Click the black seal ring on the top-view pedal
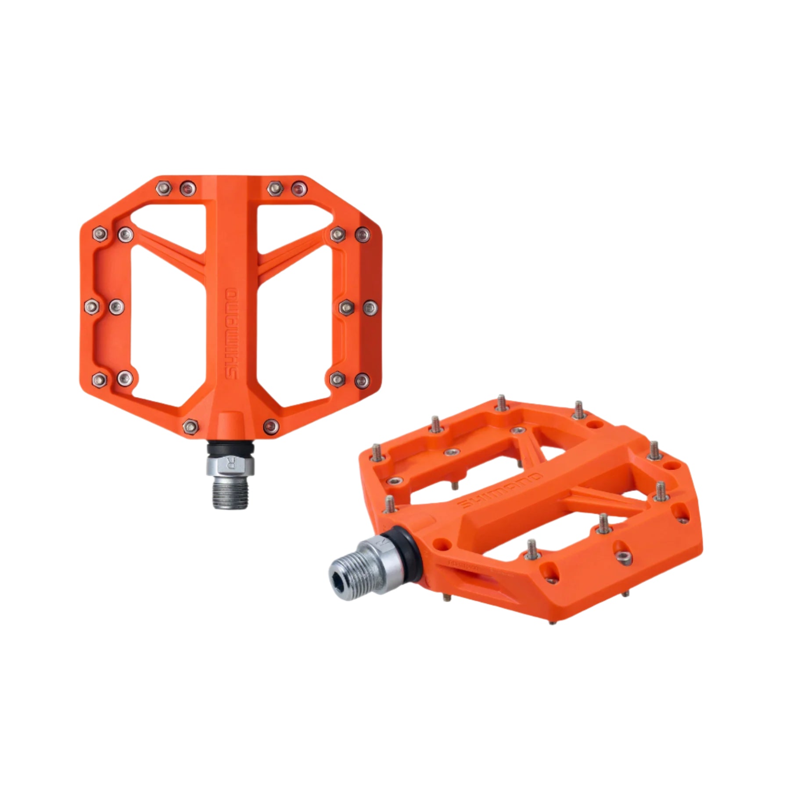[x=230, y=449]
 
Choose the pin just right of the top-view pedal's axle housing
[x=271, y=426]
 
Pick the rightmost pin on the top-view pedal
[x=370, y=308]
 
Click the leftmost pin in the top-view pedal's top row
[x=164, y=188]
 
